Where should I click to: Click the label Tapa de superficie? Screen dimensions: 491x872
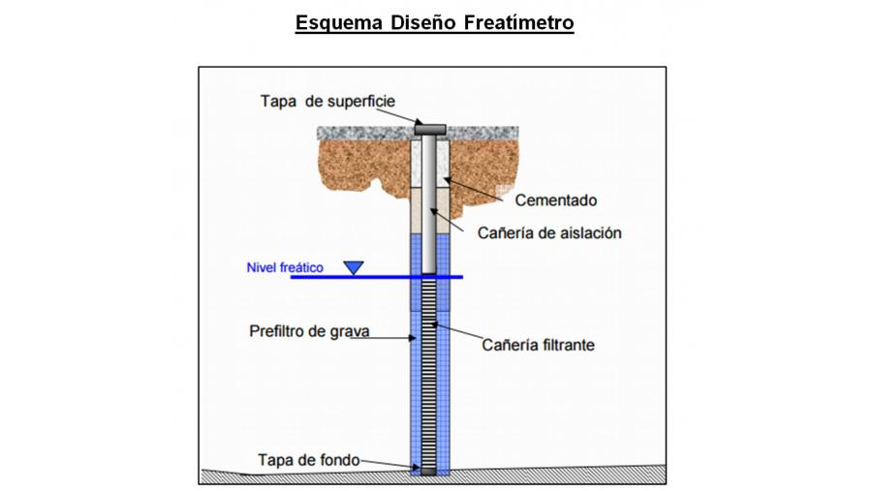(x=327, y=101)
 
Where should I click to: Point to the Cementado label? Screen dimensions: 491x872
(x=557, y=200)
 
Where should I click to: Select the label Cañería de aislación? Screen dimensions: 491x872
(x=549, y=232)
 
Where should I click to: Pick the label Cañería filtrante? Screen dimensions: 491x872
(x=538, y=344)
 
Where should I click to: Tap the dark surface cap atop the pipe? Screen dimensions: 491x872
(x=428, y=127)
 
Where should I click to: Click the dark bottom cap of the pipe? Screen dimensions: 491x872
(x=428, y=471)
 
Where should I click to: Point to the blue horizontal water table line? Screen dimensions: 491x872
(x=291, y=278)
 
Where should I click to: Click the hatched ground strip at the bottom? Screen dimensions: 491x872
(x=291, y=476)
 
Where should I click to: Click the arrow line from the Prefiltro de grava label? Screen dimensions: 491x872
(x=388, y=338)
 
